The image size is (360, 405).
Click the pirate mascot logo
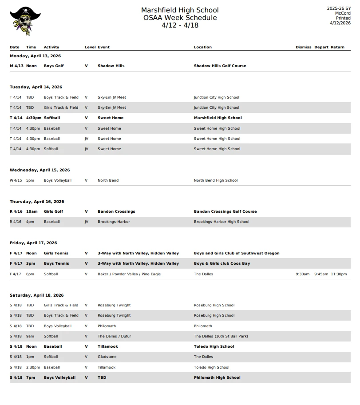[25, 21]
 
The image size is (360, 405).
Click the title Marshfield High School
[180, 10]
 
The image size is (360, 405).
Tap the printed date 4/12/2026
[340, 23]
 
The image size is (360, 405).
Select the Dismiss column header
[303, 47]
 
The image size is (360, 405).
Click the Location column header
[202, 47]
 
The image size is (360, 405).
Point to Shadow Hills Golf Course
[220, 66]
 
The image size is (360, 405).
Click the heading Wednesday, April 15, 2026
[40, 170]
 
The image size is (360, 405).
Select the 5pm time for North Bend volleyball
[30, 181]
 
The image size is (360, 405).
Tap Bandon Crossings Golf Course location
[225, 211]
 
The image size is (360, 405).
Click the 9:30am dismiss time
[302, 274]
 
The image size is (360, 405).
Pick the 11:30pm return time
[339, 274]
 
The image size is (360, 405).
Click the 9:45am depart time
[321, 274]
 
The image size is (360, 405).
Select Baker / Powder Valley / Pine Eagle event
[129, 274]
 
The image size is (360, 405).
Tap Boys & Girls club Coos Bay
[222, 264]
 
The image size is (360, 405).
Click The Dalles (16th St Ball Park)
[221, 337]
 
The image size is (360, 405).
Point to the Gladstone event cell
[107, 357]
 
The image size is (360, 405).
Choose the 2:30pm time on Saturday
[33, 368]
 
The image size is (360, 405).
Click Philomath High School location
[217, 378]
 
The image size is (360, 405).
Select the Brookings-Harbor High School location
[222, 222]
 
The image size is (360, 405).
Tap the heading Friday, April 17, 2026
[33, 243]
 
